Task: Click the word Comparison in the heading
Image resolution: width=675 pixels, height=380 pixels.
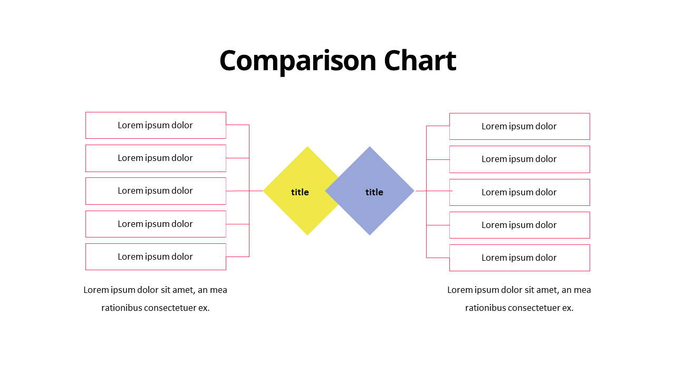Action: [298, 62]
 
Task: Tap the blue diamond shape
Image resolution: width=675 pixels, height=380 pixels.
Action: [370, 191]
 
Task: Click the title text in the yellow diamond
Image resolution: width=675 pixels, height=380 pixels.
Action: [300, 192]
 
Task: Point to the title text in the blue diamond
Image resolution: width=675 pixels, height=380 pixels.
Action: [374, 192]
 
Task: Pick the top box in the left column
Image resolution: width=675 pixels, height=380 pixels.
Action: [156, 126]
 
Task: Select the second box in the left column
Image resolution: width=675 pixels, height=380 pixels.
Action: [156, 158]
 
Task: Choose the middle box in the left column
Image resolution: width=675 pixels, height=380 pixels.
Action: [156, 191]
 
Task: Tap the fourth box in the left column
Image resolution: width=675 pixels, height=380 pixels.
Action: [156, 224]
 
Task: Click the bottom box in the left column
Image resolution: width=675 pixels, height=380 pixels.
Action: [156, 256]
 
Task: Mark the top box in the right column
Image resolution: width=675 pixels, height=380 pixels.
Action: [519, 126]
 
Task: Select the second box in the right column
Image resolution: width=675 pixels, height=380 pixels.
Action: [519, 159]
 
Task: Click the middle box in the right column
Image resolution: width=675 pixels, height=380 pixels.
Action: [519, 193]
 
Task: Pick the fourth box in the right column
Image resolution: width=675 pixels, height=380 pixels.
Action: [519, 225]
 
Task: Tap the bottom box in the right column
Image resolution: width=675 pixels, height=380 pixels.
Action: [519, 258]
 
